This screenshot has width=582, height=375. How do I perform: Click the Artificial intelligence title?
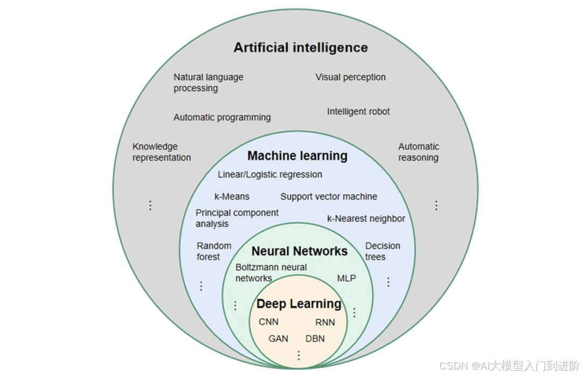(x=300, y=47)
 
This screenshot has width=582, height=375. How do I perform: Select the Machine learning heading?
(x=297, y=156)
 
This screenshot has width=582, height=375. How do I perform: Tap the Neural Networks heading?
(x=299, y=251)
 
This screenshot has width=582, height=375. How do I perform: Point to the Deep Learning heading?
(x=299, y=304)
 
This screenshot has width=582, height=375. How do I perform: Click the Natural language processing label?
(x=208, y=82)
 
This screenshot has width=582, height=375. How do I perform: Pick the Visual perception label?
(x=350, y=77)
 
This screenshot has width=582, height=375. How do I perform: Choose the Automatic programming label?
(x=222, y=117)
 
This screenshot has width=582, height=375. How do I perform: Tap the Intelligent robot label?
(x=358, y=112)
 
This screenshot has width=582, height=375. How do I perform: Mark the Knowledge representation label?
(x=162, y=152)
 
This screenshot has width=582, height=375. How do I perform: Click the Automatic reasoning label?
(x=418, y=152)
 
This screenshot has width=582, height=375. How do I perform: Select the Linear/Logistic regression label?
(x=270, y=175)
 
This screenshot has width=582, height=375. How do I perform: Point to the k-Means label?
(x=232, y=197)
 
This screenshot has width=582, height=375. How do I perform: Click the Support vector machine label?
(x=329, y=197)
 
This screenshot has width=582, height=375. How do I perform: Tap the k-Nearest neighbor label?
(x=366, y=219)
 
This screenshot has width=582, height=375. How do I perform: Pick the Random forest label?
(x=213, y=251)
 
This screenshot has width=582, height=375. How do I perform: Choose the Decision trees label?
(x=383, y=251)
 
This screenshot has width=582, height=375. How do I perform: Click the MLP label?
(x=347, y=279)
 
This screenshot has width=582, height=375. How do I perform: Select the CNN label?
(x=268, y=322)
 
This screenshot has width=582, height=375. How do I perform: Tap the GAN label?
(x=278, y=339)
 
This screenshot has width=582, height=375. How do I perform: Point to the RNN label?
(x=325, y=322)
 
